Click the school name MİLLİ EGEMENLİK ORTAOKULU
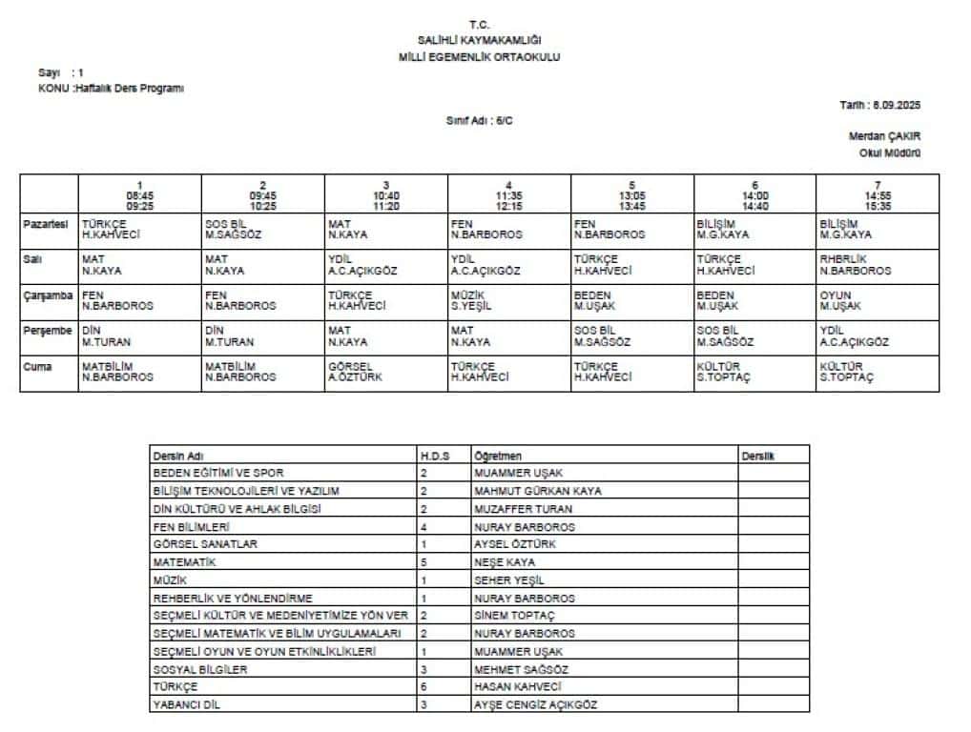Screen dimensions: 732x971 pos(479,57)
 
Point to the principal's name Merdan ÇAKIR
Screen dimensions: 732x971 pos(884,136)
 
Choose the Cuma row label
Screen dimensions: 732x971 pos(39,366)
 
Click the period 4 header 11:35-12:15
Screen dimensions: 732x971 pos(509,195)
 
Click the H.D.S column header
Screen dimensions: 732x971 pos(434,456)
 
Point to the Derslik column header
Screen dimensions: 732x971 pos(758,456)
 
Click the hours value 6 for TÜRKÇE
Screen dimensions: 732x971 pos(424,687)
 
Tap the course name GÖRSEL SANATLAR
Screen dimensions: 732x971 pos(205,544)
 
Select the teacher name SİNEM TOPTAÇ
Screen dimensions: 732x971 pos(514,616)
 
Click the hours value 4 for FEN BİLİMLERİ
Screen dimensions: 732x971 pos(424,527)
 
